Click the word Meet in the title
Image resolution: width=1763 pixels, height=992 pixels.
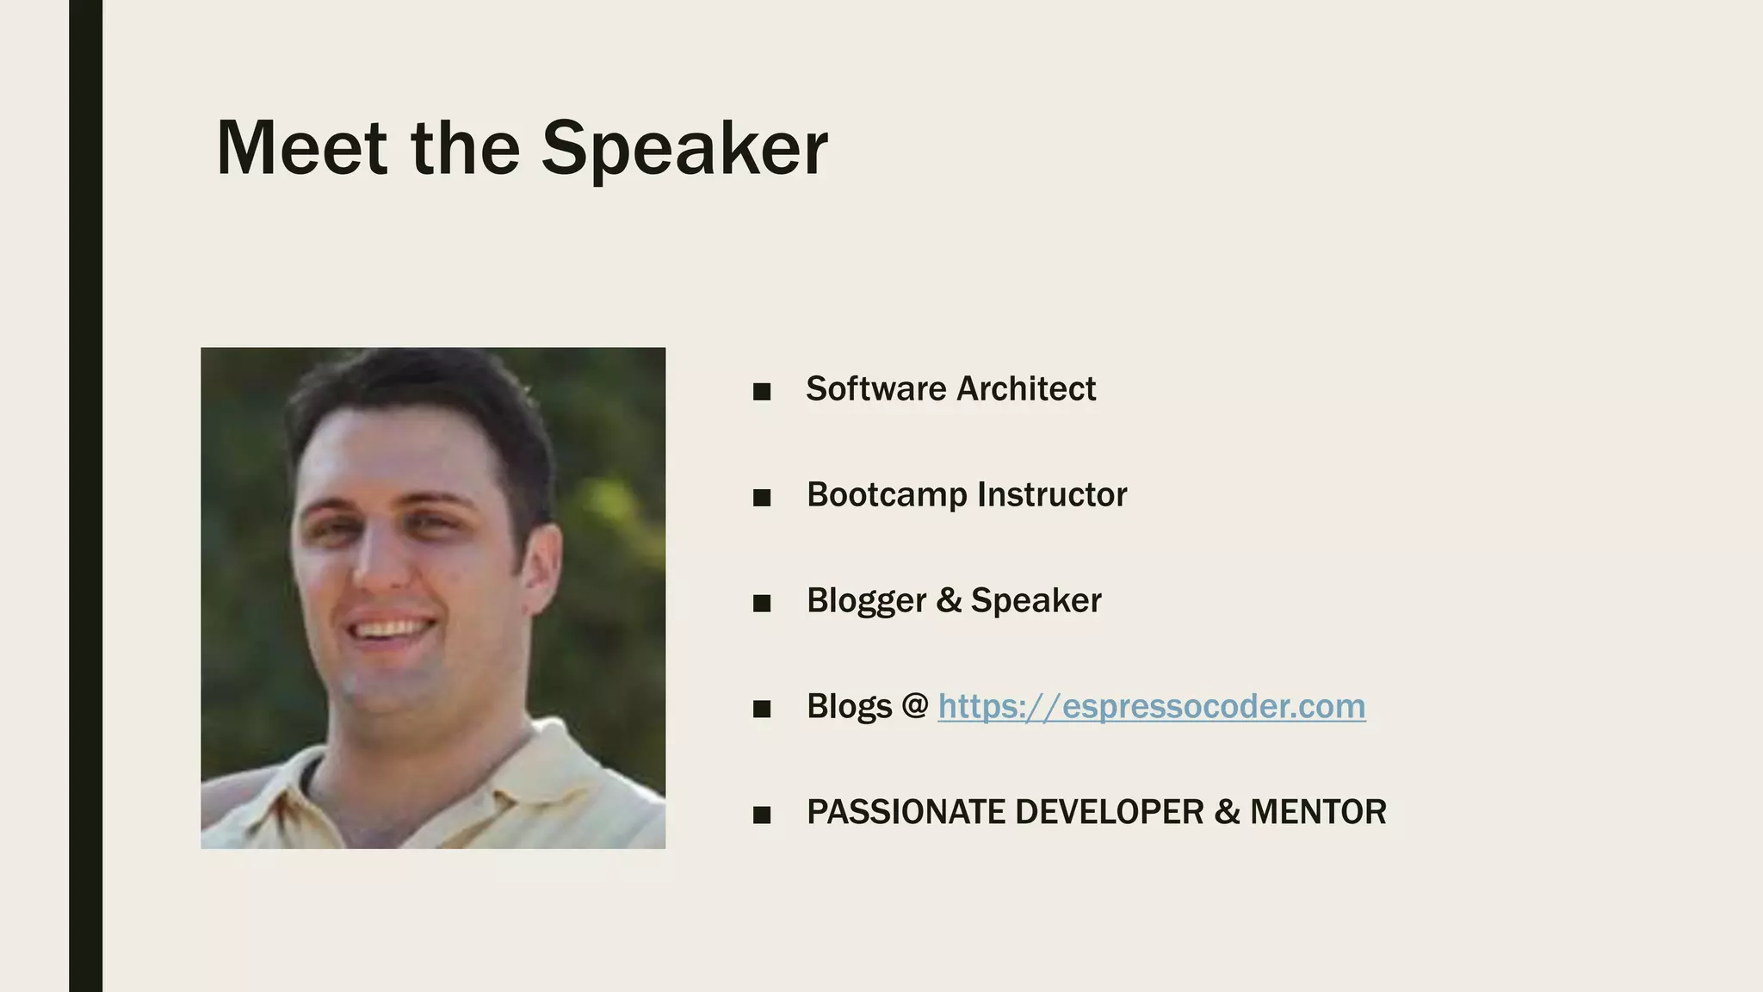pos(301,148)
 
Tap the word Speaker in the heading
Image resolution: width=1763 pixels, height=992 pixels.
pos(684,148)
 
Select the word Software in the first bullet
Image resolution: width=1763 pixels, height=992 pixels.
pos(875,389)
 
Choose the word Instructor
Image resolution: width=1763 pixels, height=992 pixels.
pos(1052,495)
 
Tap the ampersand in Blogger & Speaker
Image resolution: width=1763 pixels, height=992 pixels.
pos(949,601)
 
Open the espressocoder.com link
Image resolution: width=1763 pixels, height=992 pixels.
pos(1151,707)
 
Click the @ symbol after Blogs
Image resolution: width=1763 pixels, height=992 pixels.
pos(915,707)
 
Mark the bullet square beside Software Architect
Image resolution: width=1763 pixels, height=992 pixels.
pos(761,393)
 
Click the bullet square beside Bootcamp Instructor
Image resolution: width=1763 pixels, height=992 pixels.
pos(761,499)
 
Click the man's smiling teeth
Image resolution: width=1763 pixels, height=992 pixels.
pos(393,627)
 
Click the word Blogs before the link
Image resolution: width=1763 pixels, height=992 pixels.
pos(849,707)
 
